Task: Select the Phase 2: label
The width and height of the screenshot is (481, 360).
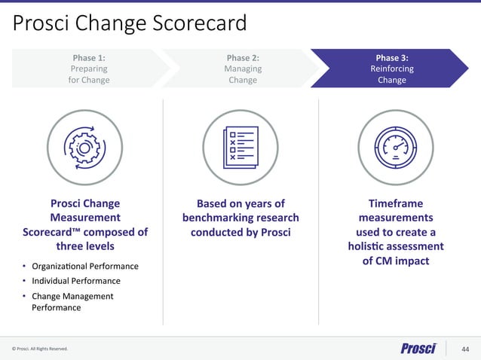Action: tap(243, 57)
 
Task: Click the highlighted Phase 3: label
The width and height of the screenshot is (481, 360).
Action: tap(391, 57)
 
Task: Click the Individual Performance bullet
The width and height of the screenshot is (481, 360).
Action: tap(75, 281)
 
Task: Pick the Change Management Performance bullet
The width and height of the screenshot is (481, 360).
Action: tap(72, 301)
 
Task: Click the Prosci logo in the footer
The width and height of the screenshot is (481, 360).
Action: tap(418, 348)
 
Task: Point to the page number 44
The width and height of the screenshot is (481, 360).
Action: tap(464, 348)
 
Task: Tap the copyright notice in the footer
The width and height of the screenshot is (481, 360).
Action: tap(40, 349)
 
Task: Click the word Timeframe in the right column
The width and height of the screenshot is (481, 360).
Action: tap(395, 203)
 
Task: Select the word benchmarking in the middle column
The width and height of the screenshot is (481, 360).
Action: tap(230, 218)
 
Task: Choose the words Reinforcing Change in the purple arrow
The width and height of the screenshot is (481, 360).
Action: tap(391, 74)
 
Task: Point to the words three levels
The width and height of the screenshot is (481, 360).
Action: tap(84, 246)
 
